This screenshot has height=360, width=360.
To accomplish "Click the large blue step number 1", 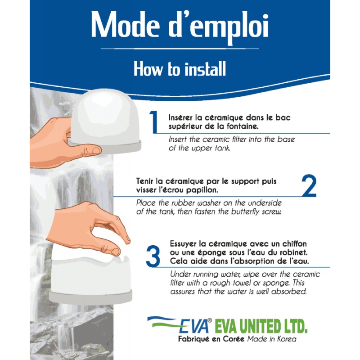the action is [154, 121].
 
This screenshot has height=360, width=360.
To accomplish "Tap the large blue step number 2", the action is [309, 185].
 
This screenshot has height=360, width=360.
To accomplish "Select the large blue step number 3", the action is [153, 256].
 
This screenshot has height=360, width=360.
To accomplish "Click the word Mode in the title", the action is [126, 25].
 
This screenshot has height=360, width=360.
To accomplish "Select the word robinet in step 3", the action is [293, 252].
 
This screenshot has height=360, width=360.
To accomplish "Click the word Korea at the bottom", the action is [287, 339].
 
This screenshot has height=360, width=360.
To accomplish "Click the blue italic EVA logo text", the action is [194, 326].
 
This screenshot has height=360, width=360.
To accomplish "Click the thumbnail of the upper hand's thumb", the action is [96, 151].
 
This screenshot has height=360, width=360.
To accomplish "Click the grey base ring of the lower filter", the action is [90, 297].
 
